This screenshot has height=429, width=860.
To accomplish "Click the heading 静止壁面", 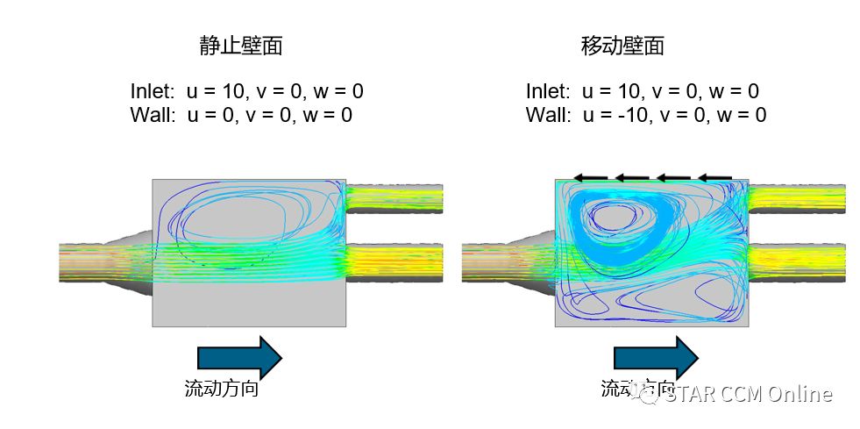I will point(241,46).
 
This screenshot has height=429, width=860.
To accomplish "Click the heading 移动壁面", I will point(622,46).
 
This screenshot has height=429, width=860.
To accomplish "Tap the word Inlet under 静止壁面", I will point(153,91).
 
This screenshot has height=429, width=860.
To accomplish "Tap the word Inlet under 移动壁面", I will point(548,91).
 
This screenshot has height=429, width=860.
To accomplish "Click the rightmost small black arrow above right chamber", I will point(715,177).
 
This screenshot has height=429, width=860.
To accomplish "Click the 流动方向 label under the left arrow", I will point(221,389).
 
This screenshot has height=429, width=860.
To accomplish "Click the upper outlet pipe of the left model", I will point(394,199).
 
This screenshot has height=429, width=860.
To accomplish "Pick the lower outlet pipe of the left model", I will point(394,258).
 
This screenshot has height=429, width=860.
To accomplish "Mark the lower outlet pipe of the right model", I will point(797,258).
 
